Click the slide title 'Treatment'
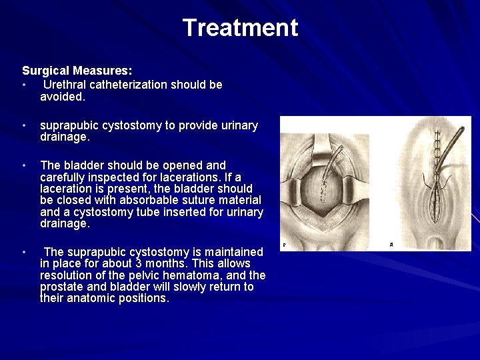[240, 28]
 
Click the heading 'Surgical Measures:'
[77, 70]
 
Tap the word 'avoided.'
[63, 97]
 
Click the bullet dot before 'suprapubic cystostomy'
[24, 126]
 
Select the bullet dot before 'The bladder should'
[24, 165]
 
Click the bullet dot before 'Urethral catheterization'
[24, 85]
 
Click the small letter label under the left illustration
[285, 245]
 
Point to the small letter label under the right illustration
[391, 245]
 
